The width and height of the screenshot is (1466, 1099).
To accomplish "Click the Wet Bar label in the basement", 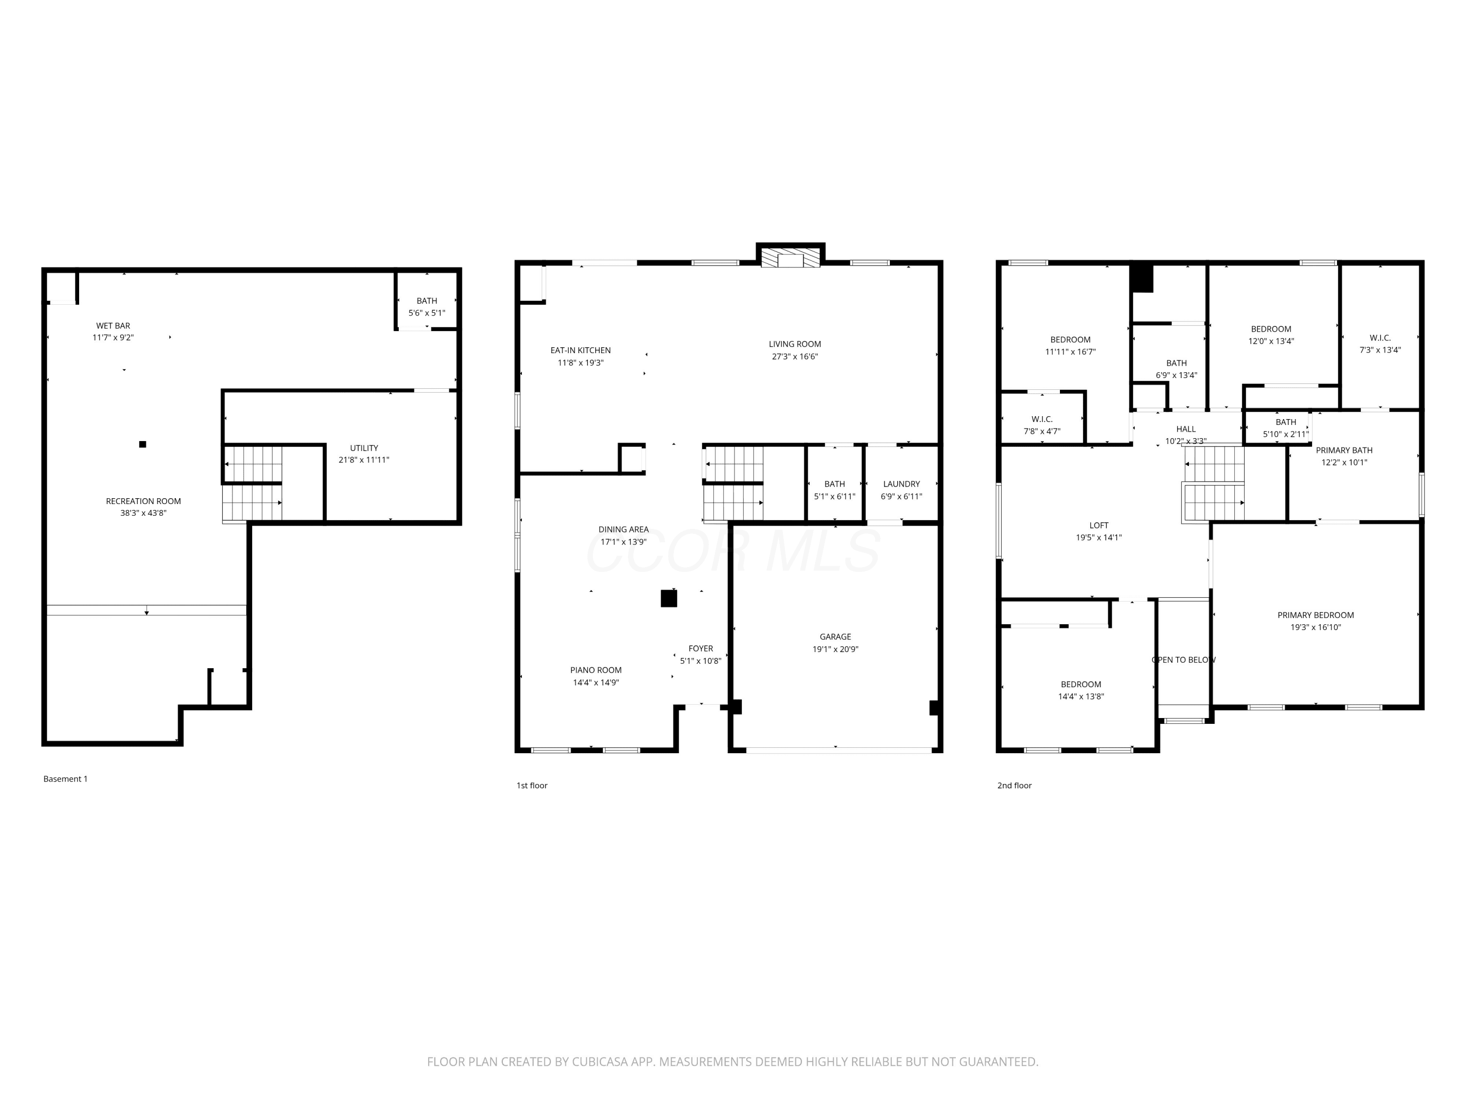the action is tap(113, 326).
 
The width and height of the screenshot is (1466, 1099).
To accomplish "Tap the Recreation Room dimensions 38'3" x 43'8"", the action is tap(143, 513).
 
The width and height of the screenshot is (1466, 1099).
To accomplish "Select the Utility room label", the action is tap(364, 448).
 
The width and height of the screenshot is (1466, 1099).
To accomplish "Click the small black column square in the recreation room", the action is tap(143, 444).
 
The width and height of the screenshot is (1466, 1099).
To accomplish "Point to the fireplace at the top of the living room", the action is tap(790, 256).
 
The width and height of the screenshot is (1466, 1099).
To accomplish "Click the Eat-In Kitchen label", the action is tap(581, 350).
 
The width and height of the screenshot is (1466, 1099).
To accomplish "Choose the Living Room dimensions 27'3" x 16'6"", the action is tap(795, 357).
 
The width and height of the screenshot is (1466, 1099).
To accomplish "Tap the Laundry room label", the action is tap(901, 484).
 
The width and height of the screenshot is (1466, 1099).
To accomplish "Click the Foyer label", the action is tap(701, 649).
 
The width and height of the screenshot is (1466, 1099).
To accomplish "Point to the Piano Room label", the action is tap(596, 671).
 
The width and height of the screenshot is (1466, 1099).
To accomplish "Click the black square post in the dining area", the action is tap(668, 599).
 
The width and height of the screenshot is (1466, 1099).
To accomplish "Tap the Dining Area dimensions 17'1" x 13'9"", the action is tap(623, 542).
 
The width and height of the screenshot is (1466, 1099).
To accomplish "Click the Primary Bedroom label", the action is tap(1315, 615).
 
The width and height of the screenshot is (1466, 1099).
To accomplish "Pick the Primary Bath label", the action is tap(1344, 450).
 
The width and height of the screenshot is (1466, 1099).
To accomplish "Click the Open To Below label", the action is tap(1183, 660).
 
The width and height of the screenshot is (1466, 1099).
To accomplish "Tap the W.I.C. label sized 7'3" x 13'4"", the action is tap(1380, 338).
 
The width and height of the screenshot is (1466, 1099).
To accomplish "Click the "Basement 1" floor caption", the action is tap(65, 779).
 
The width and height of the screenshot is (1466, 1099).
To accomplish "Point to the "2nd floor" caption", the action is tap(1014, 785).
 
